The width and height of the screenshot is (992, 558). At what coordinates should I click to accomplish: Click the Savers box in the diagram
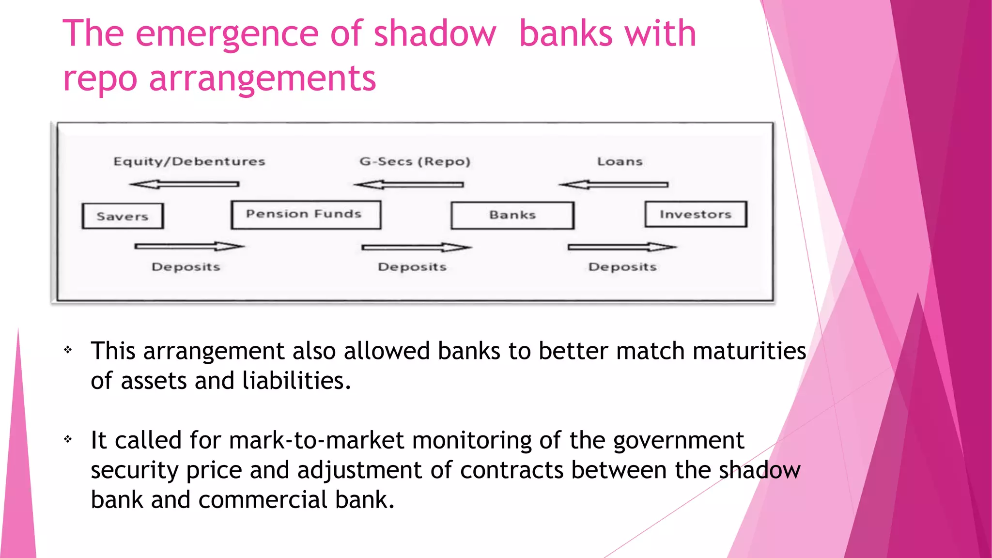(123, 216)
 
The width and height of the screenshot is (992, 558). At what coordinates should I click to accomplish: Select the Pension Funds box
(306, 215)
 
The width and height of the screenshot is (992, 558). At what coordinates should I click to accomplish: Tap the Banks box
(512, 215)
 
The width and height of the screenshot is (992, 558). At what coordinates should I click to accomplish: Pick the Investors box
(696, 214)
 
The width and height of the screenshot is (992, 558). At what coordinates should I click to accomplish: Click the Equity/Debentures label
(189, 161)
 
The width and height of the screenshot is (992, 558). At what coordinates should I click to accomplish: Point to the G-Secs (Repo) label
(415, 161)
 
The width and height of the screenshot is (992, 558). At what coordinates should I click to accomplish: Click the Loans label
(620, 161)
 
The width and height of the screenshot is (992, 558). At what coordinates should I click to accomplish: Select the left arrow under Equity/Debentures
(185, 185)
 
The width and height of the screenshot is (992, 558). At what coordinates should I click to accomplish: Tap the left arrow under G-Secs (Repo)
(409, 185)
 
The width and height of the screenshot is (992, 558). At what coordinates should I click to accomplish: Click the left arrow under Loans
(614, 185)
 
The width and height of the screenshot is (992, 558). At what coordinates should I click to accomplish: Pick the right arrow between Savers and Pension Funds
(189, 247)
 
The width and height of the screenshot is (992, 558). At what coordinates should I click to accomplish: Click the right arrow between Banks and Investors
(622, 247)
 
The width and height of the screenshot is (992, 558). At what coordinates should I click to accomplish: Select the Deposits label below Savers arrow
(186, 267)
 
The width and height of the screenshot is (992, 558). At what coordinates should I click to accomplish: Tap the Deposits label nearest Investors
(622, 267)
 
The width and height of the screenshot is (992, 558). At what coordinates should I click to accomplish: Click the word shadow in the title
(435, 34)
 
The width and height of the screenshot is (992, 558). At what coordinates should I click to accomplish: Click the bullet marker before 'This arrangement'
(68, 349)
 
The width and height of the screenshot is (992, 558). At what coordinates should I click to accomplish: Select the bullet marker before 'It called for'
(68, 439)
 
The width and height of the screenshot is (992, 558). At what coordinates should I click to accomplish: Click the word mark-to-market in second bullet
(316, 440)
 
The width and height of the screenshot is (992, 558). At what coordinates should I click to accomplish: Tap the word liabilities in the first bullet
(296, 381)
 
